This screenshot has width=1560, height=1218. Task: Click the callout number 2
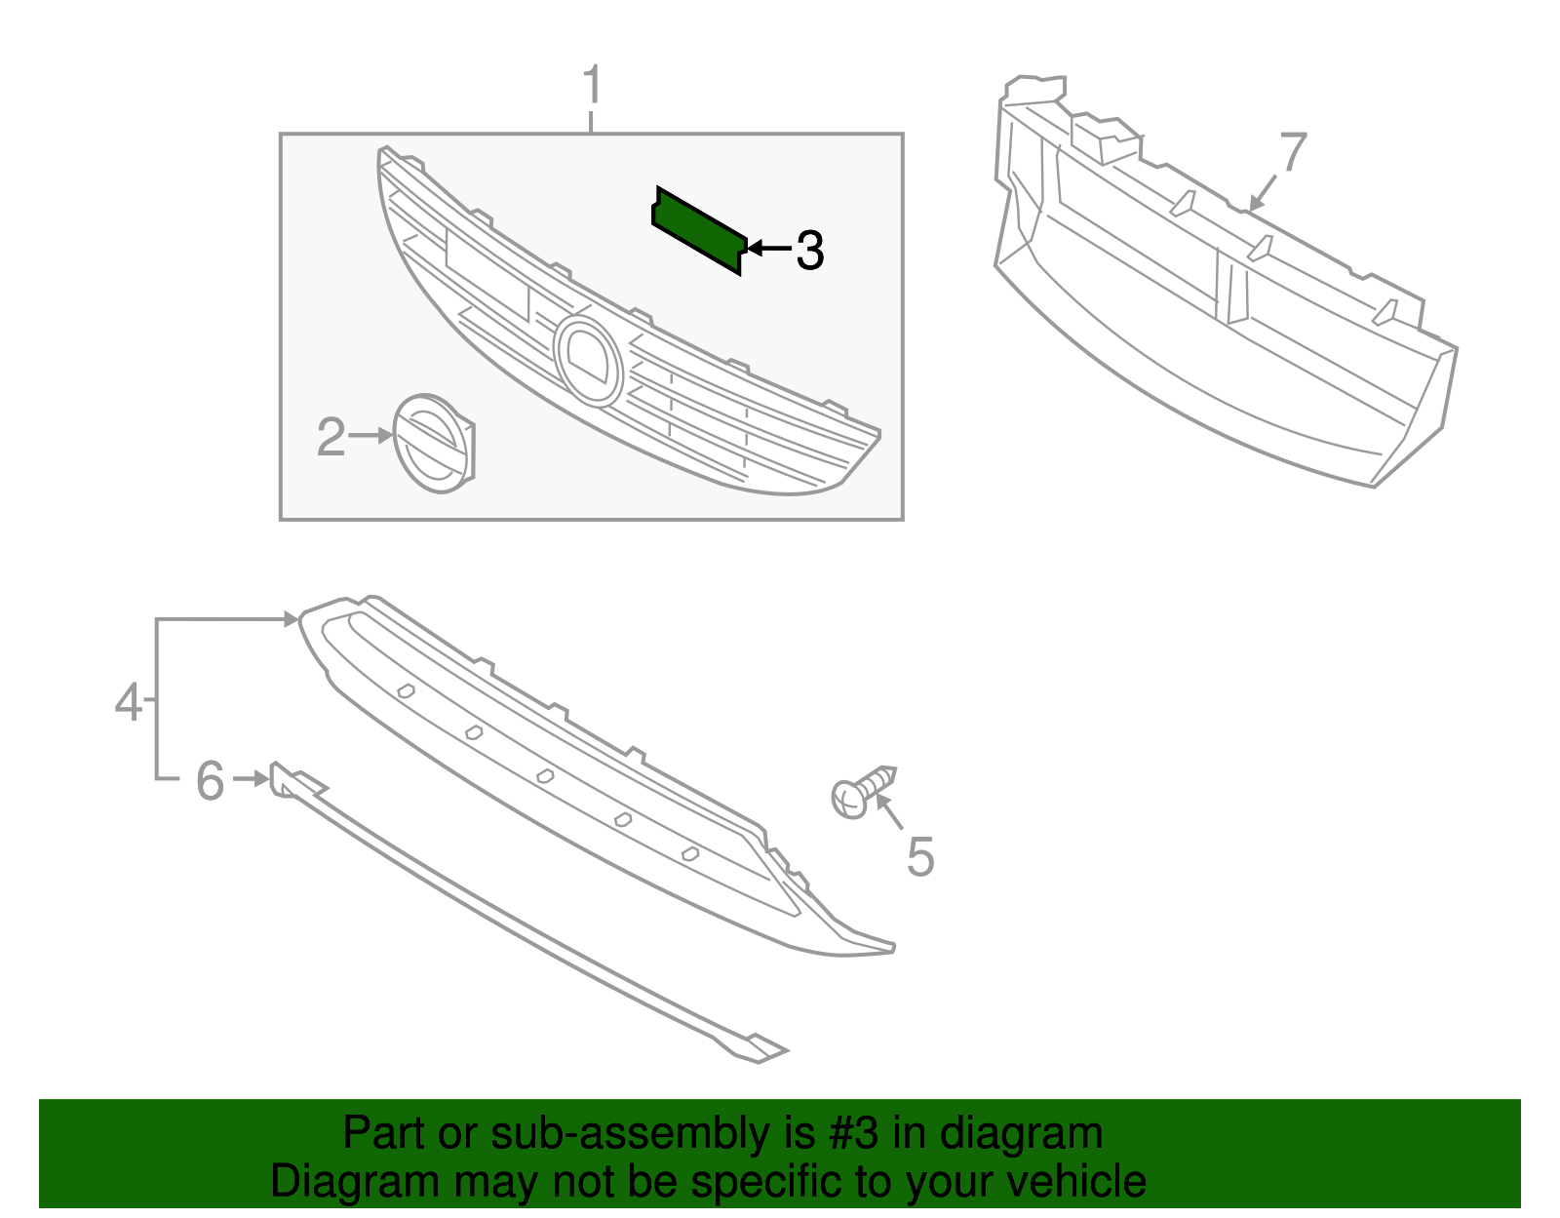pyautogui.click(x=331, y=438)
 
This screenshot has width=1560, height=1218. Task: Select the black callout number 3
pyautogui.click(x=809, y=251)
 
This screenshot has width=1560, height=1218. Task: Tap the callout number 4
pyautogui.click(x=129, y=702)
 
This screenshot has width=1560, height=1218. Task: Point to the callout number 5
pyautogui.click(x=919, y=857)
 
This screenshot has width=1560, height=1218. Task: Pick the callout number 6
pyautogui.click(x=211, y=781)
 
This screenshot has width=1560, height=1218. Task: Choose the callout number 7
pyautogui.click(x=1293, y=153)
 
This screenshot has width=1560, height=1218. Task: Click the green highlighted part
pyautogui.click(x=699, y=230)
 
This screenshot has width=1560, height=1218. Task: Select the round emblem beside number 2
pyautogui.click(x=431, y=444)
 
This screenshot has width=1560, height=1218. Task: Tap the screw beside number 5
pyautogui.click(x=862, y=791)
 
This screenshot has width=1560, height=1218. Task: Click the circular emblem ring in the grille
pyautogui.click(x=588, y=360)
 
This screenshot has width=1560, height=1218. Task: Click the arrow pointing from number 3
pyautogui.click(x=767, y=250)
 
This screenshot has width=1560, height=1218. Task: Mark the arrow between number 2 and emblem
pyautogui.click(x=371, y=437)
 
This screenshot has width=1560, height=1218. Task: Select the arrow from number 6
pyautogui.click(x=252, y=778)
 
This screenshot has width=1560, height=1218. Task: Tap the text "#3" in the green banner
pyautogui.click(x=854, y=1134)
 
